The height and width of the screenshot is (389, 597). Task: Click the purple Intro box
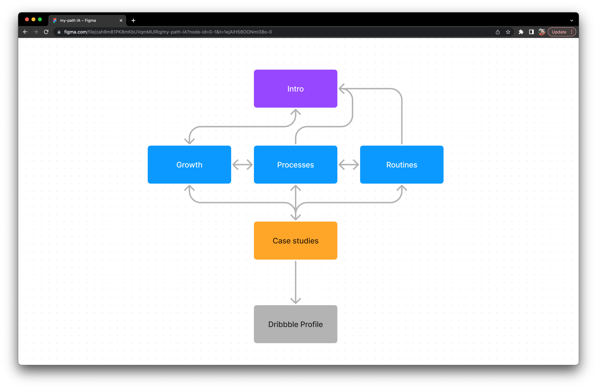pyautogui.click(x=295, y=89)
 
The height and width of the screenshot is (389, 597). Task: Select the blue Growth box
pyautogui.click(x=189, y=165)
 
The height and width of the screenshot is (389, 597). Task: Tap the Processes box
pyautogui.click(x=295, y=165)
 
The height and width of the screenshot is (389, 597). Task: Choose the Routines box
pyautogui.click(x=401, y=165)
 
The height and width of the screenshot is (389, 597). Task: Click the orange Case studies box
pyautogui.click(x=295, y=240)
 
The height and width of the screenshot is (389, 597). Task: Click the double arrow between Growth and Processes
pyautogui.click(x=242, y=165)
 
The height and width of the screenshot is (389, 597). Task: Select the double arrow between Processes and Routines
pyautogui.click(x=348, y=165)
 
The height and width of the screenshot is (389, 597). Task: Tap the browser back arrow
pyautogui.click(x=25, y=32)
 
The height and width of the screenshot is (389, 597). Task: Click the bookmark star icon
pyautogui.click(x=508, y=32)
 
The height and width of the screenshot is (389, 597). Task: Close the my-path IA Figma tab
pyautogui.click(x=121, y=20)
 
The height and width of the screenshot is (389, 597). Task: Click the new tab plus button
pyautogui.click(x=133, y=20)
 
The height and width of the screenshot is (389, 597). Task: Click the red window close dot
pyautogui.click(x=27, y=19)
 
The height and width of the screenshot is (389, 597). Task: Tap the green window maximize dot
pyautogui.click(x=40, y=19)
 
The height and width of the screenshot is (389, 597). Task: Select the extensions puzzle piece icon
pyautogui.click(x=521, y=32)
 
